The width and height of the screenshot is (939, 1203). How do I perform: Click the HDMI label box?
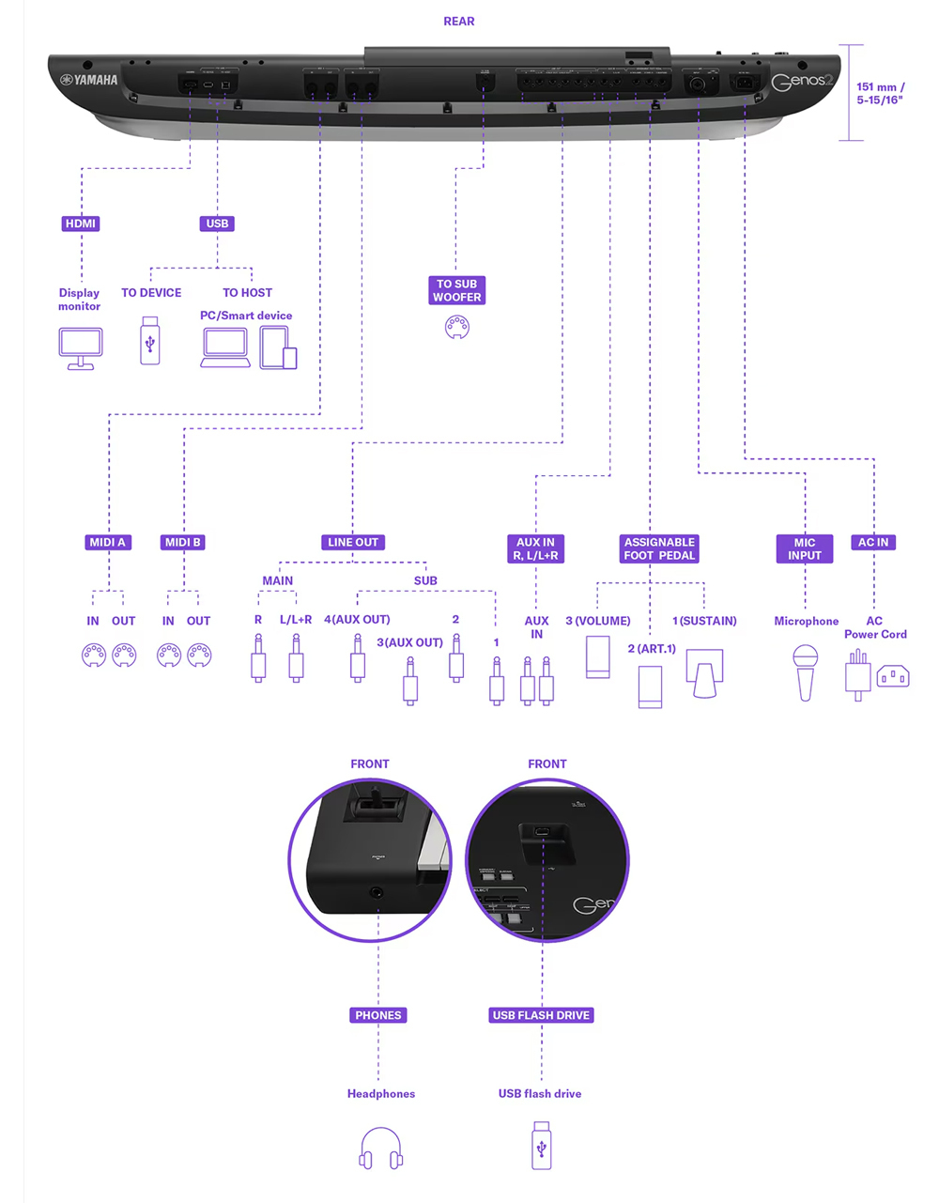click(81, 224)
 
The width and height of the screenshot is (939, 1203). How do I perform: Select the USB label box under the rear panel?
click(217, 224)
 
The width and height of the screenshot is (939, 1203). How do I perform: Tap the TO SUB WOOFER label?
click(456, 290)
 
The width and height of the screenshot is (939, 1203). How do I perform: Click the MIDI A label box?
click(107, 542)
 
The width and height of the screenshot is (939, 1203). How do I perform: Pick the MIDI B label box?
click(182, 542)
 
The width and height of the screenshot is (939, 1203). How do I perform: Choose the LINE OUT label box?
click(353, 542)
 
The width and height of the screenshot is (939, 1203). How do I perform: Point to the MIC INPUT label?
click(805, 548)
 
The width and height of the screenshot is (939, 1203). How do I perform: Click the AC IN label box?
click(873, 542)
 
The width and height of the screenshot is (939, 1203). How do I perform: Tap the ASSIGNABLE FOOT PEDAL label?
click(659, 548)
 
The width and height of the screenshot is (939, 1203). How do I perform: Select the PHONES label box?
click(378, 1015)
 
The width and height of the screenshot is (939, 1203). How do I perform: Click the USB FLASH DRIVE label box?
click(542, 1015)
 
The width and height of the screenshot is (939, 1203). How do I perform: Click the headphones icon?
click(381, 1148)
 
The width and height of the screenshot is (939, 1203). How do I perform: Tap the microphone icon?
click(806, 671)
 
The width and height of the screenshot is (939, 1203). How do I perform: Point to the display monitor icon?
click(81, 348)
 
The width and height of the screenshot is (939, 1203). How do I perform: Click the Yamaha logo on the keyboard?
click(90, 80)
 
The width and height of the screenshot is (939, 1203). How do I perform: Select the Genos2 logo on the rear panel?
click(802, 82)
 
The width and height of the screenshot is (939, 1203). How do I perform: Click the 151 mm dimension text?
click(880, 93)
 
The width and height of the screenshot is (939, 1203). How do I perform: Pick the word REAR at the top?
click(459, 21)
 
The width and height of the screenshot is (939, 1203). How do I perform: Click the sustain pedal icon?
click(705, 672)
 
